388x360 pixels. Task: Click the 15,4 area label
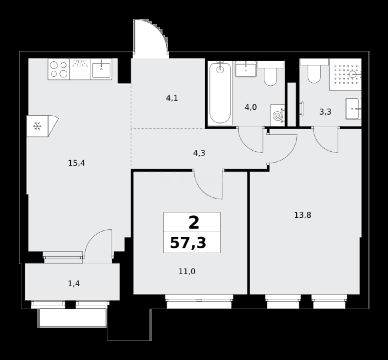(77, 163)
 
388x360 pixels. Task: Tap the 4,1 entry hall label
(172, 98)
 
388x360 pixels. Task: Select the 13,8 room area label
(303, 215)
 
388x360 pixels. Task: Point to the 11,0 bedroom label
(187, 272)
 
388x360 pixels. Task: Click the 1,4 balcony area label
(74, 283)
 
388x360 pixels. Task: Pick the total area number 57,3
(188, 243)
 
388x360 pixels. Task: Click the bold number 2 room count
(194, 223)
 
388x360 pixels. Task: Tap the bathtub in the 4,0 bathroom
(220, 93)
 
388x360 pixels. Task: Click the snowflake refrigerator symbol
(37, 126)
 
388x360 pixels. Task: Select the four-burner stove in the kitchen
(59, 69)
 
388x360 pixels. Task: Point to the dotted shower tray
(345, 74)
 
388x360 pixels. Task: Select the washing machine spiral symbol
(277, 115)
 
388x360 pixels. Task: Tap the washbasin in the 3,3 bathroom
(353, 109)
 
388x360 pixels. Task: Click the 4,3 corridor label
(199, 153)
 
